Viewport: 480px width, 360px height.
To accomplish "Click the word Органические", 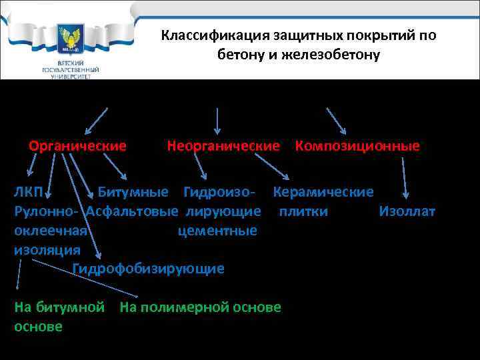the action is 77,146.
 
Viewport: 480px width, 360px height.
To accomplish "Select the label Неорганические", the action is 223,146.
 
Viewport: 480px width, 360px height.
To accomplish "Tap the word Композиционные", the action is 357,146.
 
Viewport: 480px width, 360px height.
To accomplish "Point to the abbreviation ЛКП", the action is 29,193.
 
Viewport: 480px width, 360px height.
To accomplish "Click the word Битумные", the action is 133,193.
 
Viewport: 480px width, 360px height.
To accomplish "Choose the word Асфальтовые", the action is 133,212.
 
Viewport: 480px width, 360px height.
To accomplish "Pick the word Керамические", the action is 323,193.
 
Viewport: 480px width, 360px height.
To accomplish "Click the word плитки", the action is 303,212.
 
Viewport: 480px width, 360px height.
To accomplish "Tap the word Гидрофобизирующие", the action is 148,269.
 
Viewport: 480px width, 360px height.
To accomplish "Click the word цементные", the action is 217,231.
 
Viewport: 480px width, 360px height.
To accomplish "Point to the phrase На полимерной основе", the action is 200,307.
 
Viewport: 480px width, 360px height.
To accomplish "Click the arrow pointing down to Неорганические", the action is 217,119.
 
